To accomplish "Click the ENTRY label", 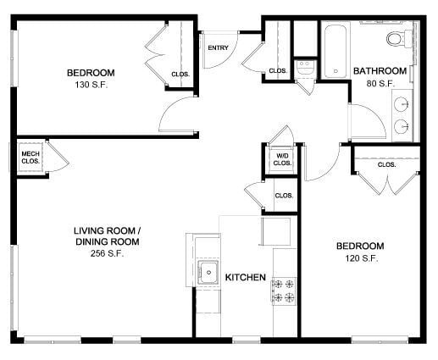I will point(218,47).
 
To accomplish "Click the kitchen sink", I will point(208,273).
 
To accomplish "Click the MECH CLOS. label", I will point(30,157).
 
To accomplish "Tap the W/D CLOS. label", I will point(282,158).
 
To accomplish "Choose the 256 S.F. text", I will point(106,253).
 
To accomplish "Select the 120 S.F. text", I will point(360,258).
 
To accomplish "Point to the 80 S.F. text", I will point(380,83).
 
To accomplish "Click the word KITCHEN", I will point(247,277).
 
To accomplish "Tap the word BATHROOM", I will point(380,71).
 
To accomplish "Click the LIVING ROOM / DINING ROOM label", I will point(106,236).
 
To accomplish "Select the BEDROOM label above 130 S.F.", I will point(91,72).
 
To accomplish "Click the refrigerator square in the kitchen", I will point(275,231).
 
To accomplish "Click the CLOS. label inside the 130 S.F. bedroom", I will point(180,74).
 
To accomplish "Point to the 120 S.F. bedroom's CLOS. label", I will point(386,164).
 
